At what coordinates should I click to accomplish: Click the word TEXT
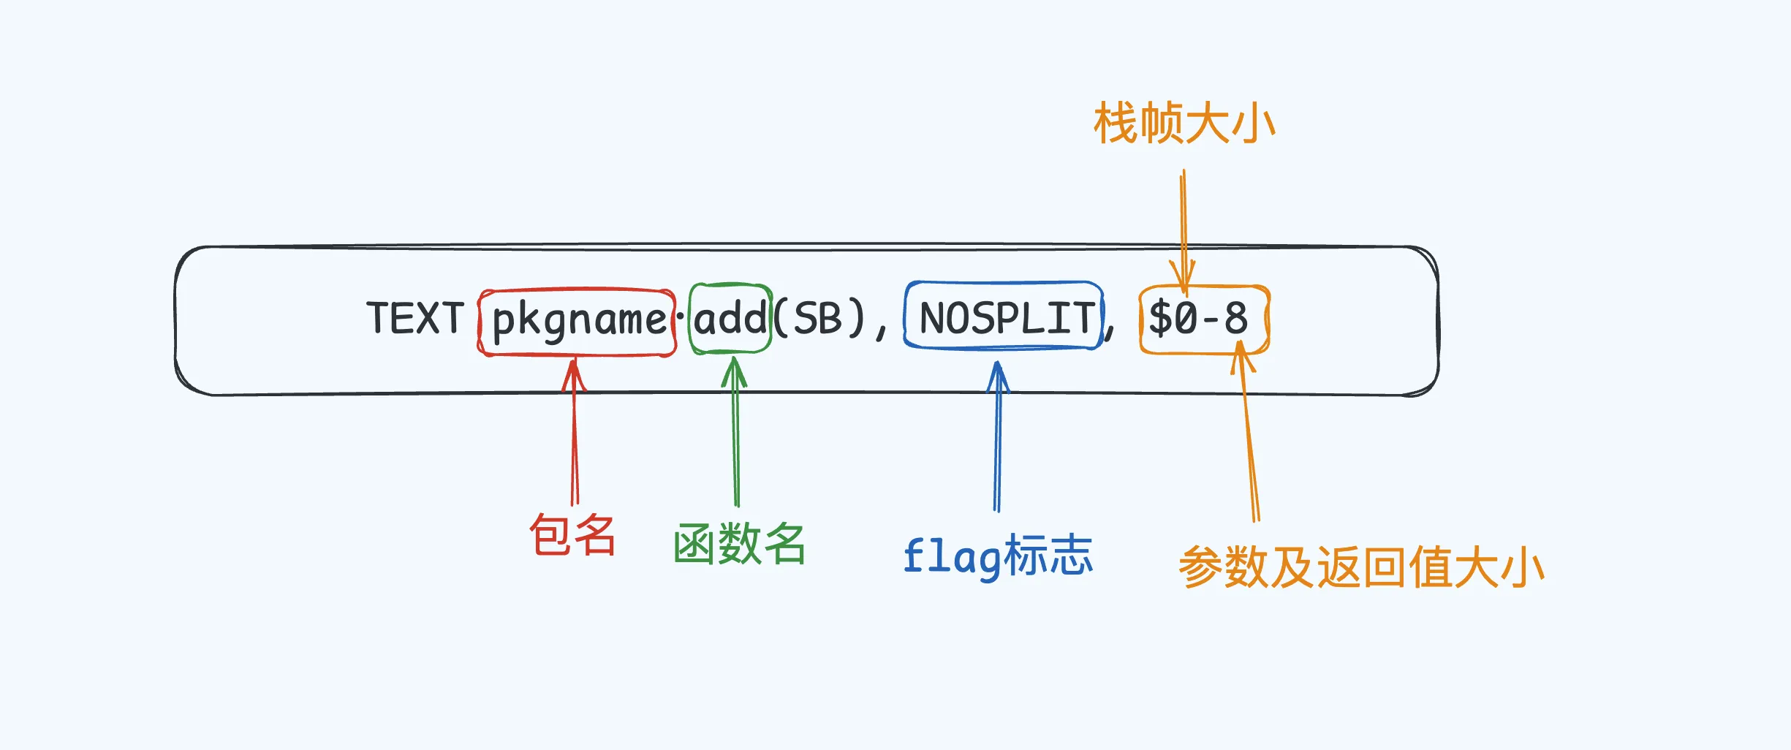pyautogui.click(x=415, y=319)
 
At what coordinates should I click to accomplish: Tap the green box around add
pyautogui.click(x=730, y=319)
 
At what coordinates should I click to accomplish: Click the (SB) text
pyautogui.click(x=819, y=319)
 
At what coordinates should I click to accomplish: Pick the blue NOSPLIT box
pyautogui.click(x=1004, y=317)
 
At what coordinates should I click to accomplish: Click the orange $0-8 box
pyautogui.click(x=1204, y=319)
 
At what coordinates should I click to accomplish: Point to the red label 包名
pyautogui.click(x=572, y=535)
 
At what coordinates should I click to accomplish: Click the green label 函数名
pyautogui.click(x=739, y=545)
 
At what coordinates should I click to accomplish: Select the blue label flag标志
pyautogui.click(x=998, y=556)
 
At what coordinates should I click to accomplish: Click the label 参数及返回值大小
pyautogui.click(x=1360, y=567)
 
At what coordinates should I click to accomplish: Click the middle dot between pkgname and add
pyautogui.click(x=681, y=317)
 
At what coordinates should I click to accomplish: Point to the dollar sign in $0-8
pyautogui.click(x=1160, y=319)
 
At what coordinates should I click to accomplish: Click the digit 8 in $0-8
pyautogui.click(x=1236, y=319)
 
